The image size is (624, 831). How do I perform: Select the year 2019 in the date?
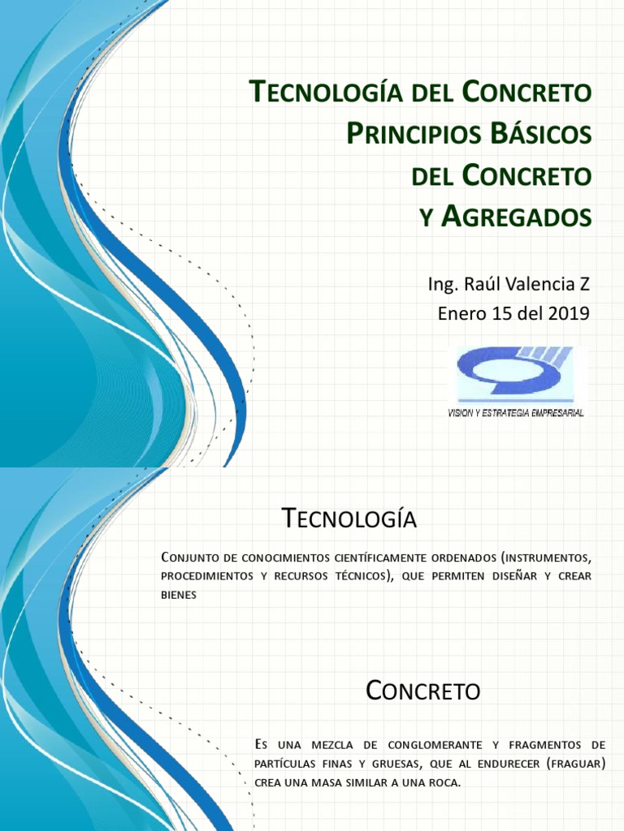(x=568, y=314)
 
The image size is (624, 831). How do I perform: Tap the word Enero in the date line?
(x=461, y=314)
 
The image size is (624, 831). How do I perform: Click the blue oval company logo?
(x=516, y=373)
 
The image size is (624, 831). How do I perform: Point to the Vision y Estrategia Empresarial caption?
(x=516, y=413)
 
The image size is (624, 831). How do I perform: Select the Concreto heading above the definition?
(x=422, y=691)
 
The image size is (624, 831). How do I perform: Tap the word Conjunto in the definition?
(x=191, y=558)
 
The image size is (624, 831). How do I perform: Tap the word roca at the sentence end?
(x=445, y=784)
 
